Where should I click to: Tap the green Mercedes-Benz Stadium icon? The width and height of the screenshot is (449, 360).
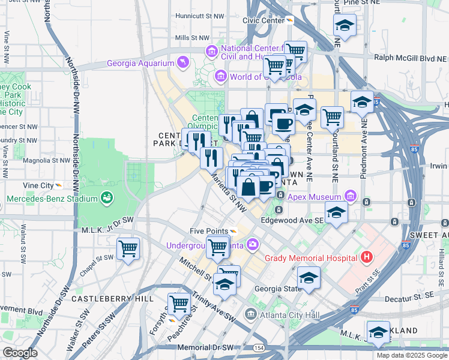tap(107, 197)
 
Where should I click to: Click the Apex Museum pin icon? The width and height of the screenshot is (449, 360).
tap(350, 196)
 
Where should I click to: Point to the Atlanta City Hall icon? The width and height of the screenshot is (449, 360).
tap(250, 314)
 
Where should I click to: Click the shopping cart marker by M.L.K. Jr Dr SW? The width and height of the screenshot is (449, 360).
tap(128, 248)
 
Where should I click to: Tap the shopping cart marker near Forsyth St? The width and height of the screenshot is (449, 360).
tap(179, 304)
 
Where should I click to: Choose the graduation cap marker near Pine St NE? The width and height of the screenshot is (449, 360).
tap(344, 25)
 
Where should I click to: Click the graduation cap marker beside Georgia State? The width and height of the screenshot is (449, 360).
tap(309, 278)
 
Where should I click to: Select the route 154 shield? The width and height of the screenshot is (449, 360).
tap(258, 348)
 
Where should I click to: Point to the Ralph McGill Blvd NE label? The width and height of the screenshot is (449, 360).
tap(410, 58)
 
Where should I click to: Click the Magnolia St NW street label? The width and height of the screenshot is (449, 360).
tap(46, 161)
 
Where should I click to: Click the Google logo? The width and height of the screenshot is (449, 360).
tap(20, 353)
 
